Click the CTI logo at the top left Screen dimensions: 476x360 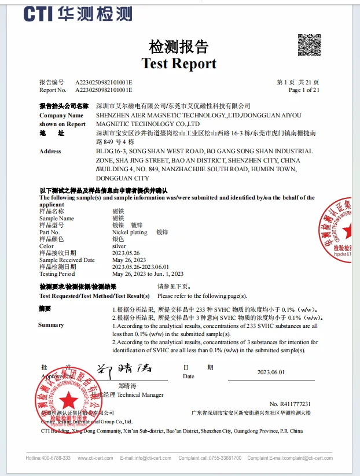click(78, 13)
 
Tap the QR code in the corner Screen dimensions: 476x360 click(308, 45)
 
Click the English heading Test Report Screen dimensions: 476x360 click(179, 64)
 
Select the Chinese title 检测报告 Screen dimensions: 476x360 click(179, 46)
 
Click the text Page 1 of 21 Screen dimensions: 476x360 click(303, 90)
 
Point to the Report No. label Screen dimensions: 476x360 click(53, 90)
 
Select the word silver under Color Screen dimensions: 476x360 click(119, 246)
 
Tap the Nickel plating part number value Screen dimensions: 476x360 click(130, 232)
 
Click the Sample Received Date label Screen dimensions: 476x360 click(67, 260)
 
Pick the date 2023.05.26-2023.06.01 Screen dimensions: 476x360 click(140, 267)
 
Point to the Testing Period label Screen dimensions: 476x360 click(57, 274)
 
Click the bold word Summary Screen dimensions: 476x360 click(51, 325)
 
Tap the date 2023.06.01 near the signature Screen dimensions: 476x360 click(271, 372)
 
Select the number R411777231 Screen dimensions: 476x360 click(290, 404)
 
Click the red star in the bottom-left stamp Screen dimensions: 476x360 click(69, 398)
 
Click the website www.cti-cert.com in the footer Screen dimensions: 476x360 click(94, 458)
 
